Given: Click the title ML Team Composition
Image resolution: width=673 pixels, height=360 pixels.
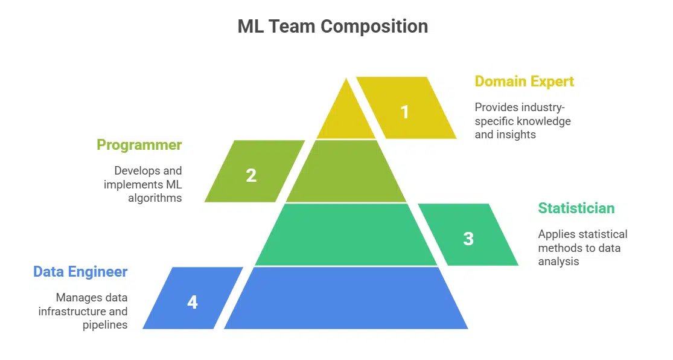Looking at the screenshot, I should [333, 27].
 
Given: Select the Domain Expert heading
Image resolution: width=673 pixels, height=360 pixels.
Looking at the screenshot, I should [524, 81].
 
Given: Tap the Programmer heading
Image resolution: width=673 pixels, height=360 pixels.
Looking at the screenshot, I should [139, 145].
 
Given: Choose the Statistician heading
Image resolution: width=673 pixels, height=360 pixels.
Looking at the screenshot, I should [576, 208].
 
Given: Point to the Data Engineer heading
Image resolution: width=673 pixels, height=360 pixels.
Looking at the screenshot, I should [80, 272].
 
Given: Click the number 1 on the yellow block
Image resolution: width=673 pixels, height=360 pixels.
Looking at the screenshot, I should [405, 112].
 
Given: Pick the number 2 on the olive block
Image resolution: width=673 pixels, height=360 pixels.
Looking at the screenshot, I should [251, 175].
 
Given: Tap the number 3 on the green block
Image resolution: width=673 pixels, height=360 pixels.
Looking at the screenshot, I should [468, 239].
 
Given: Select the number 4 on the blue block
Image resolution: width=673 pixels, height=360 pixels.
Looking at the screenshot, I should [193, 302].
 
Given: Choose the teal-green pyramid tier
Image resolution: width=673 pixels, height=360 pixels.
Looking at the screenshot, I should [346, 236].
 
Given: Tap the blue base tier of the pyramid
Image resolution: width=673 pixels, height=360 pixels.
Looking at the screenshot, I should [346, 299].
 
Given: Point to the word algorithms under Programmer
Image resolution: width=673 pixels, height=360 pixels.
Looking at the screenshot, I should [155, 198].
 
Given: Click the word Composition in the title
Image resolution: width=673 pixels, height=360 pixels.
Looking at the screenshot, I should [374, 27].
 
